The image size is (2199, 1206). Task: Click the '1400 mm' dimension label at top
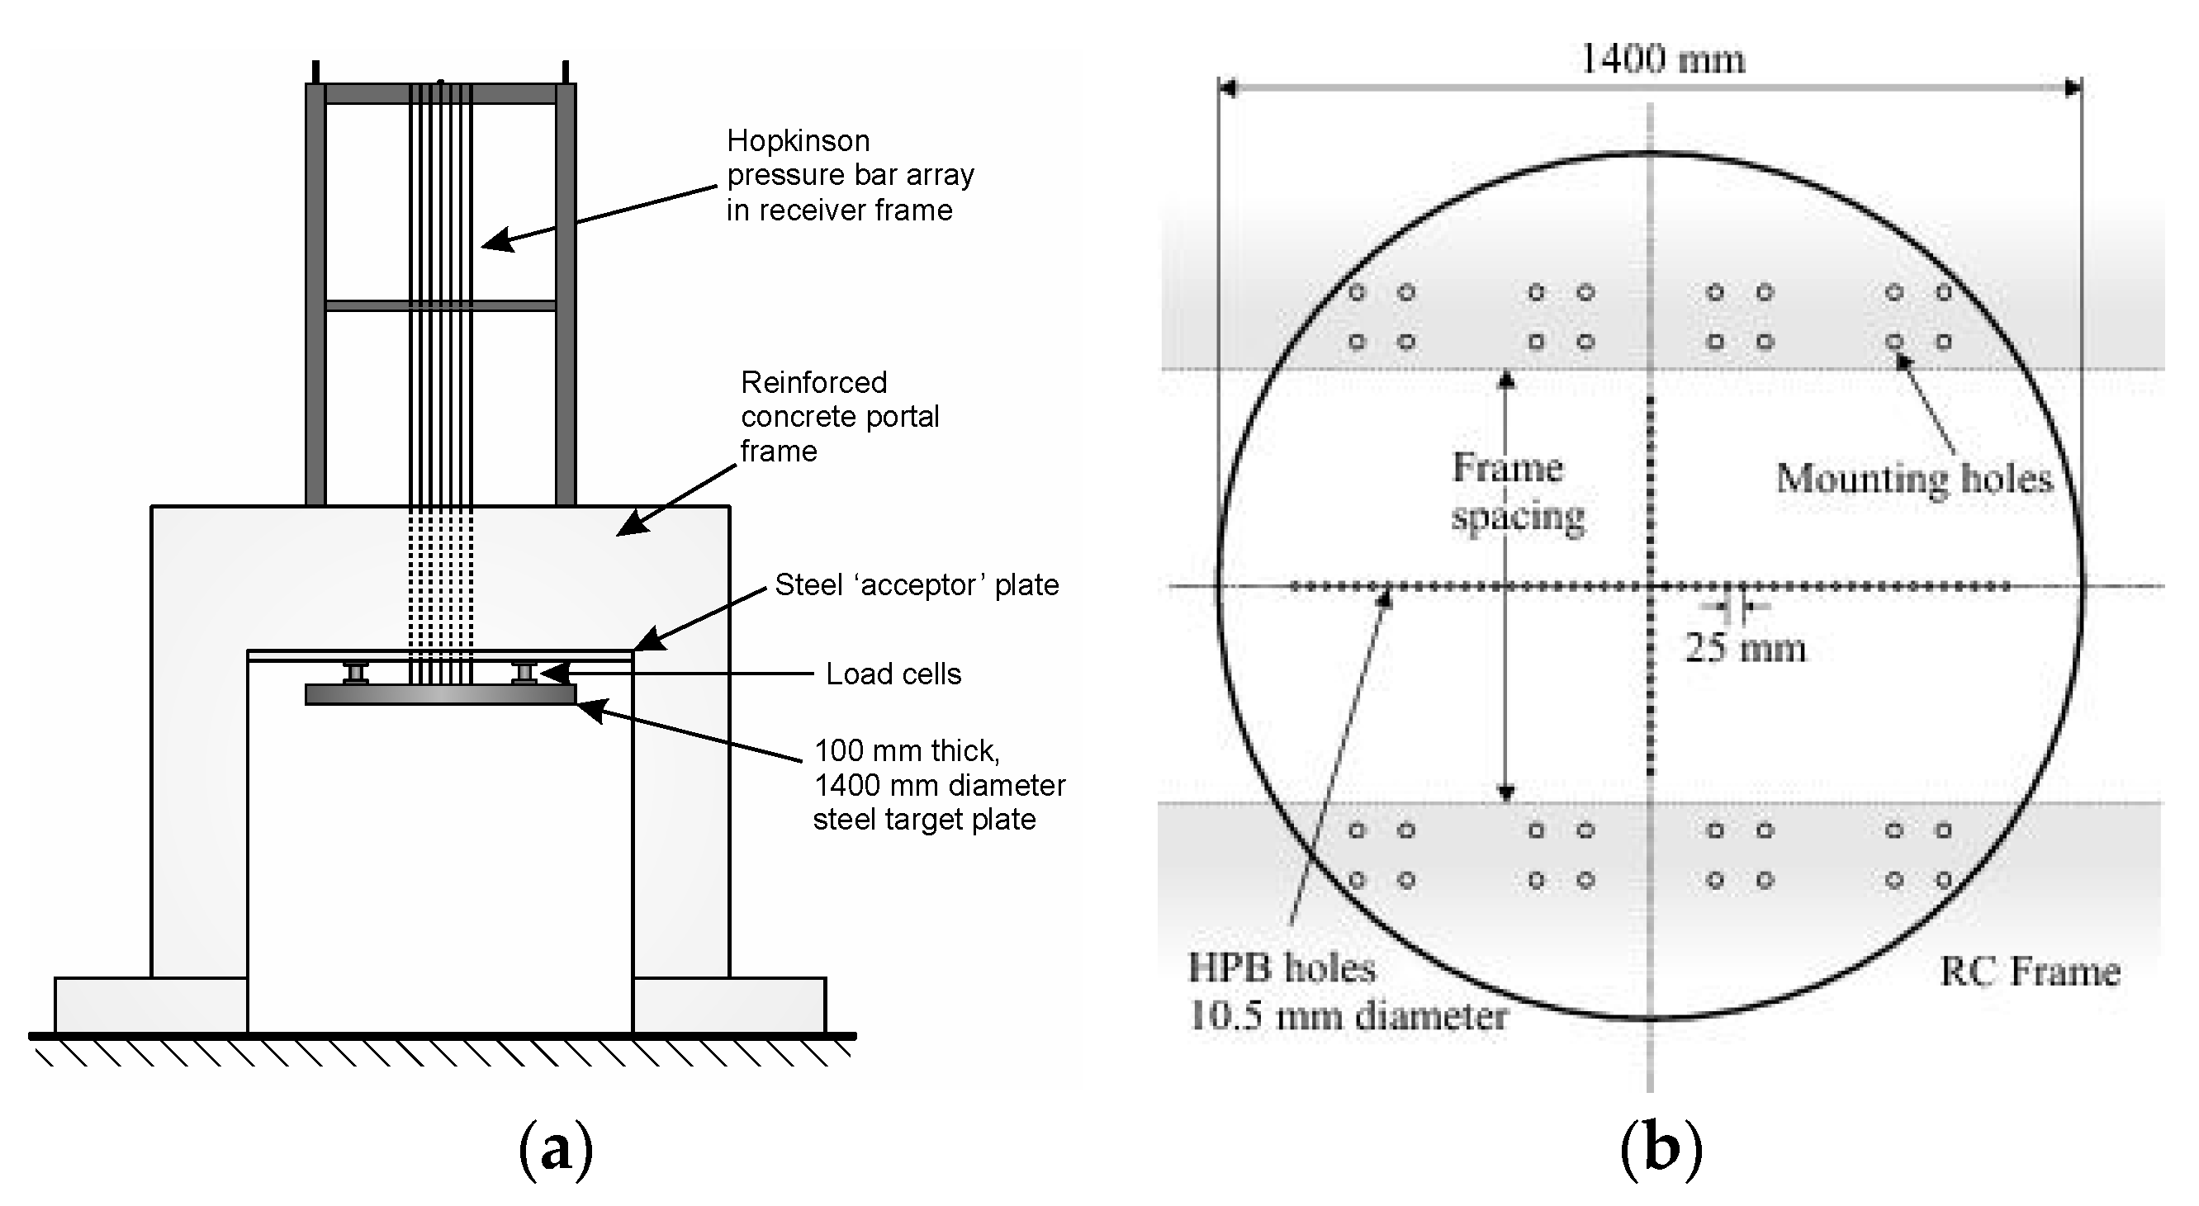pyautogui.click(x=1662, y=59)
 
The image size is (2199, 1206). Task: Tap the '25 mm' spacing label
pyautogui.click(x=1745, y=648)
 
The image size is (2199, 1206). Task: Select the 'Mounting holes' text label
pyautogui.click(x=1914, y=479)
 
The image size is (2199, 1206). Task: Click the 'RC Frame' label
pyautogui.click(x=2030, y=972)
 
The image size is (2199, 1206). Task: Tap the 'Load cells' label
pyautogui.click(x=893, y=674)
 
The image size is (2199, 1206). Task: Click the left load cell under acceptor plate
pyautogui.click(x=356, y=673)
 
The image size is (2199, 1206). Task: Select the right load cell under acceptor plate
pyautogui.click(x=525, y=673)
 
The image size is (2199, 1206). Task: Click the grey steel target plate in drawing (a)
pyautogui.click(x=440, y=695)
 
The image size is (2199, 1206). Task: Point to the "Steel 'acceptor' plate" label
pyautogui.click(x=916, y=585)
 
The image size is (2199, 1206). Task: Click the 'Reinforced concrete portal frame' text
pyautogui.click(x=838, y=417)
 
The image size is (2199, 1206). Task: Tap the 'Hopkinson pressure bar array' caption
pyautogui.click(x=850, y=175)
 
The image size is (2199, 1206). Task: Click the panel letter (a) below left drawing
pyautogui.click(x=555, y=1150)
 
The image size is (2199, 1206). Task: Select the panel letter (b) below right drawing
pyautogui.click(x=1661, y=1150)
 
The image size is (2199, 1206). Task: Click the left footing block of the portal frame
pyautogui.click(x=150, y=1005)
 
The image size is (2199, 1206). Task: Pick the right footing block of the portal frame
pyautogui.click(x=729, y=1005)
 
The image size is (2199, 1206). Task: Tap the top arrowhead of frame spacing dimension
pyautogui.click(x=1506, y=380)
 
